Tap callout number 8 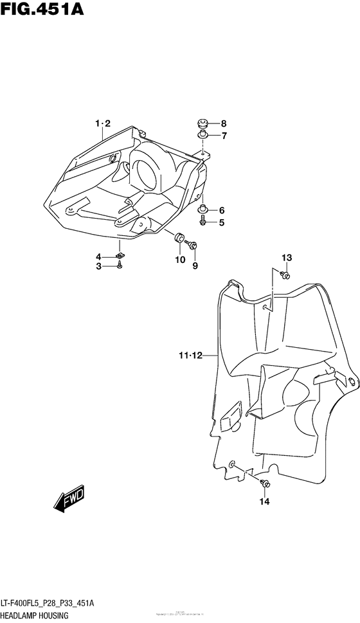pyautogui.click(x=224, y=123)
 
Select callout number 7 pyautogui.click(x=224, y=136)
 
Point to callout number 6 pyautogui.click(x=221, y=210)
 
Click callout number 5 pyautogui.click(x=221, y=222)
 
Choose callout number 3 pyautogui.click(x=99, y=266)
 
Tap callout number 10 pyautogui.click(x=179, y=260)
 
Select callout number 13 pyautogui.click(x=286, y=258)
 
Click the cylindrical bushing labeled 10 pyautogui.click(x=179, y=239)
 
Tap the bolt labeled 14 pyautogui.click(x=265, y=483)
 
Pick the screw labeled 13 pyautogui.click(x=286, y=275)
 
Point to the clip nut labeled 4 pyautogui.click(x=120, y=257)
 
